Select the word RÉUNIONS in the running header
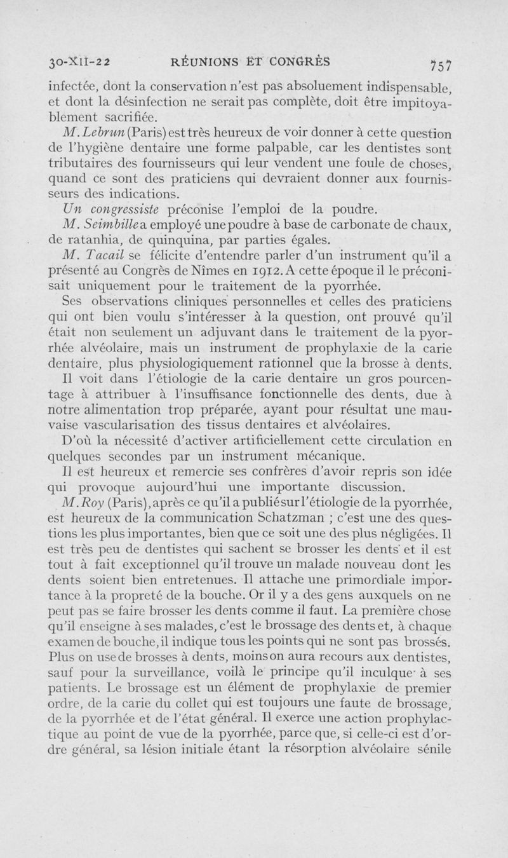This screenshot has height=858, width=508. tap(207, 62)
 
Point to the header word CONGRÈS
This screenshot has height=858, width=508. tap(298, 62)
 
